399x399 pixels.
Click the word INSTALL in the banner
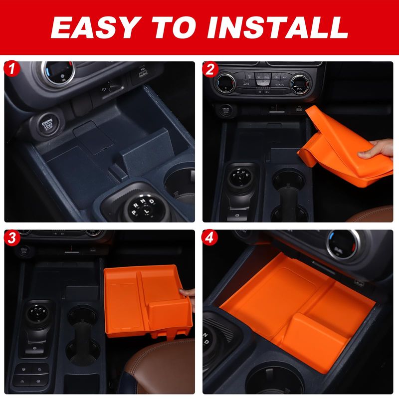tap(277, 27)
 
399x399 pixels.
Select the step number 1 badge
tap(11, 69)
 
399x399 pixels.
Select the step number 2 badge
tap(209, 69)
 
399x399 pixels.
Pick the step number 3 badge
tap(11, 238)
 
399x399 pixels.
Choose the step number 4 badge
tap(209, 238)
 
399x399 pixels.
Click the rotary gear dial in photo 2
tap(240, 177)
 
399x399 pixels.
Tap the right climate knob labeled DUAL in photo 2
tap(299, 85)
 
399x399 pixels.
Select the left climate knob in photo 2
tap(226, 83)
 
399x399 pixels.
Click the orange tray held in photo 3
tap(148, 302)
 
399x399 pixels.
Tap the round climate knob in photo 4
tap(344, 244)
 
